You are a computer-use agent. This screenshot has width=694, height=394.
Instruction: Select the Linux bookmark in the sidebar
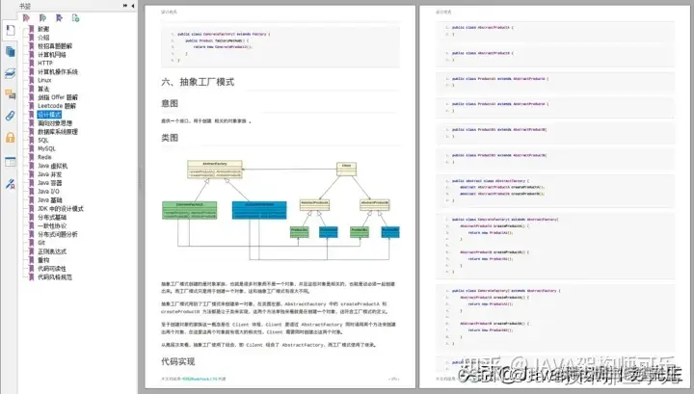45,79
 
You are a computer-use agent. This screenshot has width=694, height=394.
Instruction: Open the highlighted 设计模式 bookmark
49,115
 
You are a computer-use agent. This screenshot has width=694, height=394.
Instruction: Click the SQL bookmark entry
43,141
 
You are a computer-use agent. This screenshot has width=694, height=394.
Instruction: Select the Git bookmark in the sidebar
41,243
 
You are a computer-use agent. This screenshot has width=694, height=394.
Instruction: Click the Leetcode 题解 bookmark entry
57,106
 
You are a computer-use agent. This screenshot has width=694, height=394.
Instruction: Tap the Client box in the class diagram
344,166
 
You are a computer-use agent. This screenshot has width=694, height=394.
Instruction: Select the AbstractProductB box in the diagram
375,203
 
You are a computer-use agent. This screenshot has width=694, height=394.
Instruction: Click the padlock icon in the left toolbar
11,137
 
